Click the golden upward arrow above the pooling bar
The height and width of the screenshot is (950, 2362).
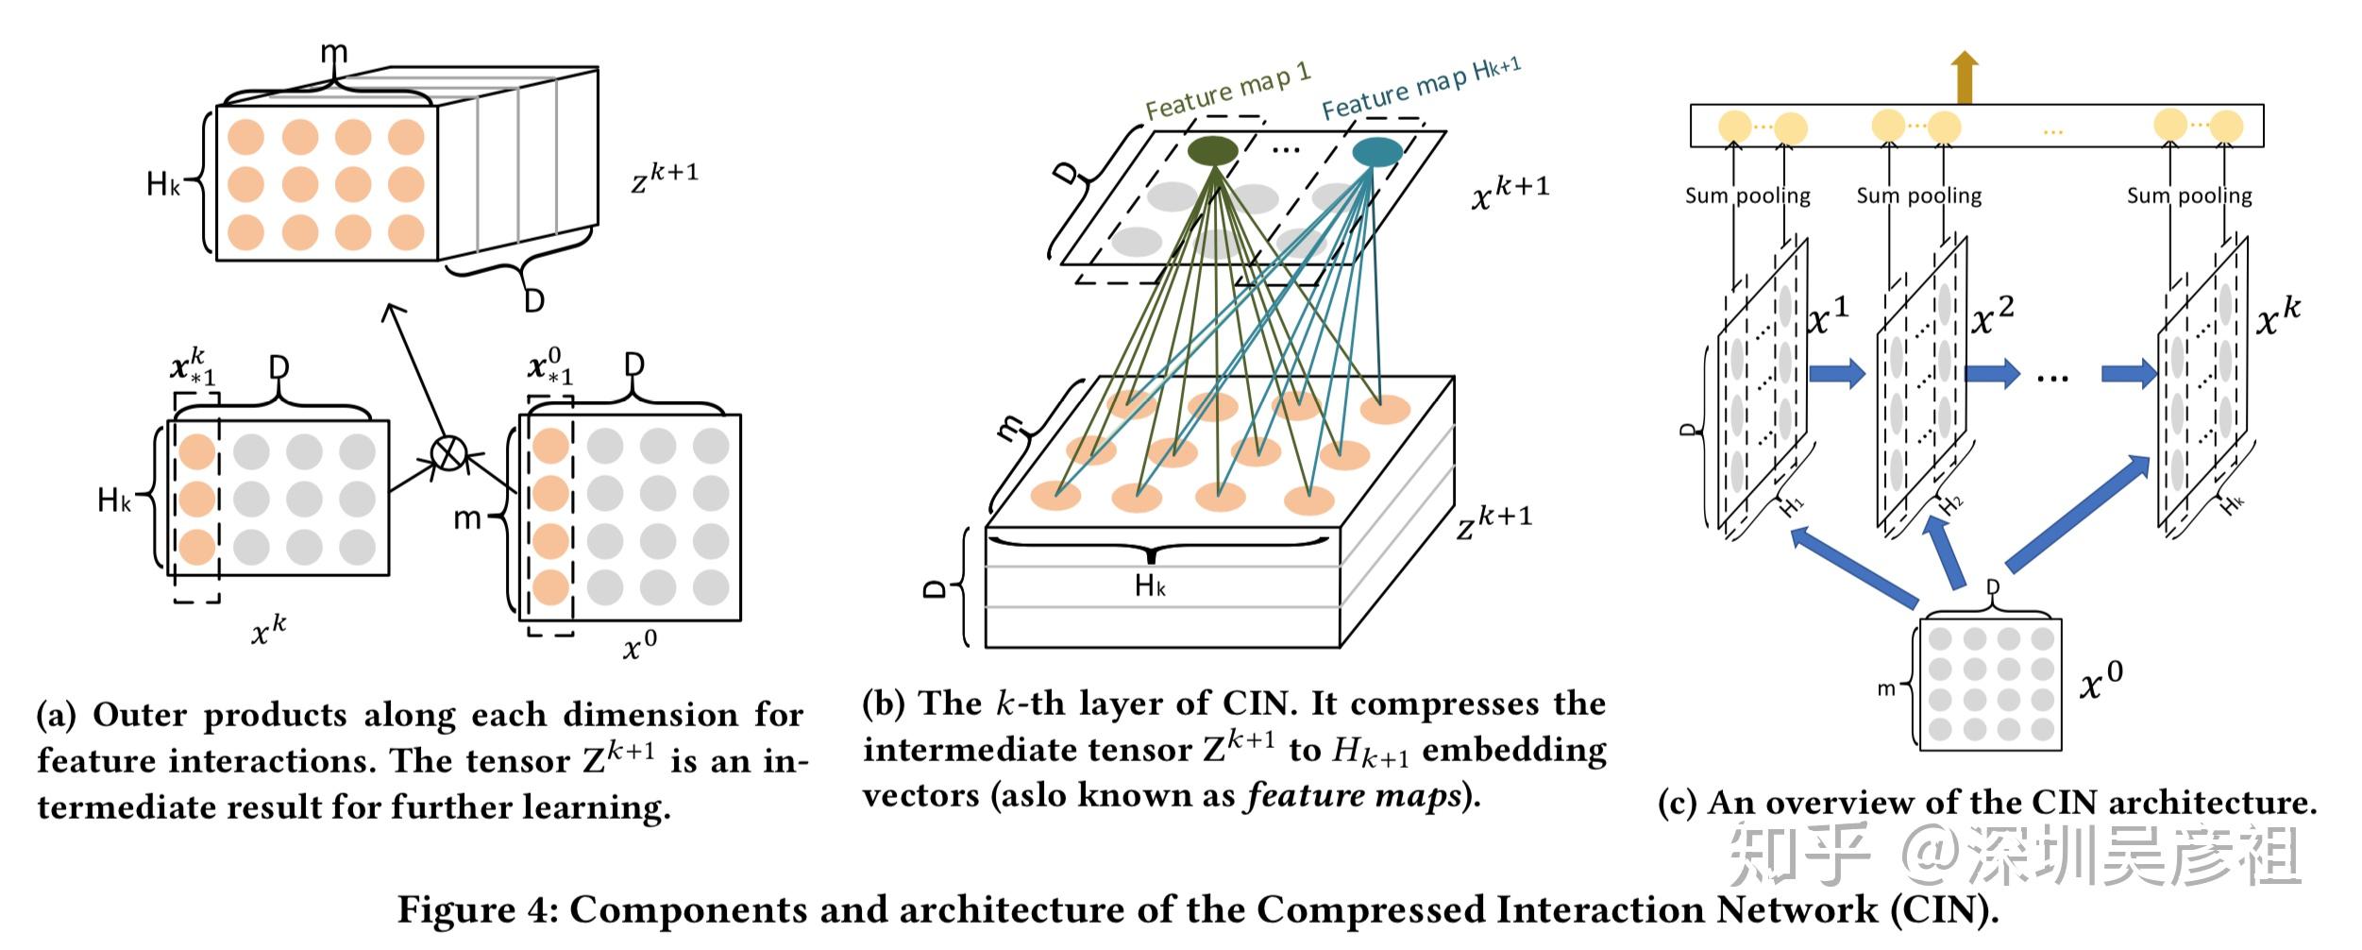pos(1966,77)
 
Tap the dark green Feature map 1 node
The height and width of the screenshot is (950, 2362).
pos(1212,151)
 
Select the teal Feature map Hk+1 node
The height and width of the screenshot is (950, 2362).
pos(1377,152)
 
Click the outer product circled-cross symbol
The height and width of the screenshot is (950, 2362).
pos(449,453)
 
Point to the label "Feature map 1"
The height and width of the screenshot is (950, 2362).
pos(1228,92)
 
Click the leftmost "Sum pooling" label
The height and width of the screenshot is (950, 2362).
pos(1747,195)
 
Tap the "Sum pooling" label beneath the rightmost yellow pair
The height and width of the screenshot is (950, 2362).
pos(2189,195)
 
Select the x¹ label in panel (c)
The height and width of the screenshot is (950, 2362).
pos(1829,316)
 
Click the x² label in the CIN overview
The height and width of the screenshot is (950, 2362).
pos(1993,316)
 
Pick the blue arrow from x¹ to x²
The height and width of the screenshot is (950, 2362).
pos(1837,373)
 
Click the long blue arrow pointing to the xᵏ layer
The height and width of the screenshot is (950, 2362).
pos(2078,512)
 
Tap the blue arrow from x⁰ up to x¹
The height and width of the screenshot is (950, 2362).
pos(1854,567)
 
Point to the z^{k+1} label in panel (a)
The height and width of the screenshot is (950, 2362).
pos(665,177)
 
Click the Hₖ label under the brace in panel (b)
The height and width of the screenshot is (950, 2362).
pos(1150,586)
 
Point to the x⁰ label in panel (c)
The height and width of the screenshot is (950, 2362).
pos(2101,680)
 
